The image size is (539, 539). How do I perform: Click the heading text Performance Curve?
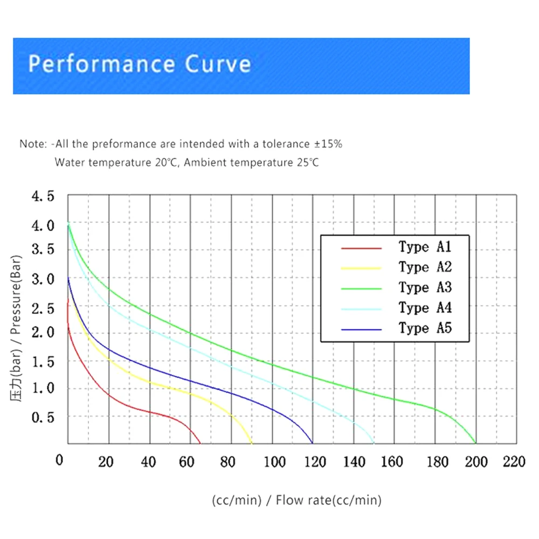[x=139, y=64]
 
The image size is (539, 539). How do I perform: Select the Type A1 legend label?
[x=425, y=247]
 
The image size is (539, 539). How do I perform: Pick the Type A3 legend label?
[x=425, y=287]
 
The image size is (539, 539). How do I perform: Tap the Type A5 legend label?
[x=425, y=328]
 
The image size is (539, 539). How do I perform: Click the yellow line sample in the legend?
[x=361, y=268]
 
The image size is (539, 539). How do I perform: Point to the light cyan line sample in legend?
[x=361, y=308]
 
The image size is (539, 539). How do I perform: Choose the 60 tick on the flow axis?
[x=187, y=461]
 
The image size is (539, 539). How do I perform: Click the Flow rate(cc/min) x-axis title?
[x=328, y=500]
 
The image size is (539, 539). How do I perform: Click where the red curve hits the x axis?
[x=200, y=443]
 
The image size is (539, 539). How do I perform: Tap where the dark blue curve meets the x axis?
[x=313, y=443]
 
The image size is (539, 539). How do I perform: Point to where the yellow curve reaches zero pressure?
[x=252, y=443]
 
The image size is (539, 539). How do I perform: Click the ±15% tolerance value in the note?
[x=328, y=144]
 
